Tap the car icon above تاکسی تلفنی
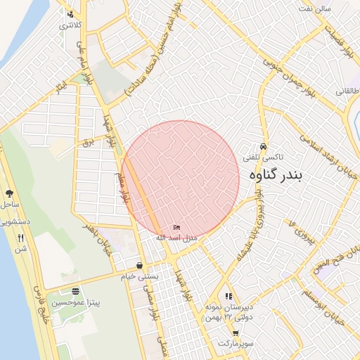click(x=263, y=147)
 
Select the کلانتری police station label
click(x=70, y=25)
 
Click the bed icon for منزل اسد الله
click(x=176, y=228)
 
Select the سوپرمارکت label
click(x=234, y=343)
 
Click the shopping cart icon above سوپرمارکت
click(x=235, y=333)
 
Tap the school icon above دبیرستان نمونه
click(x=228, y=296)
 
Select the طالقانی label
click(x=347, y=92)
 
